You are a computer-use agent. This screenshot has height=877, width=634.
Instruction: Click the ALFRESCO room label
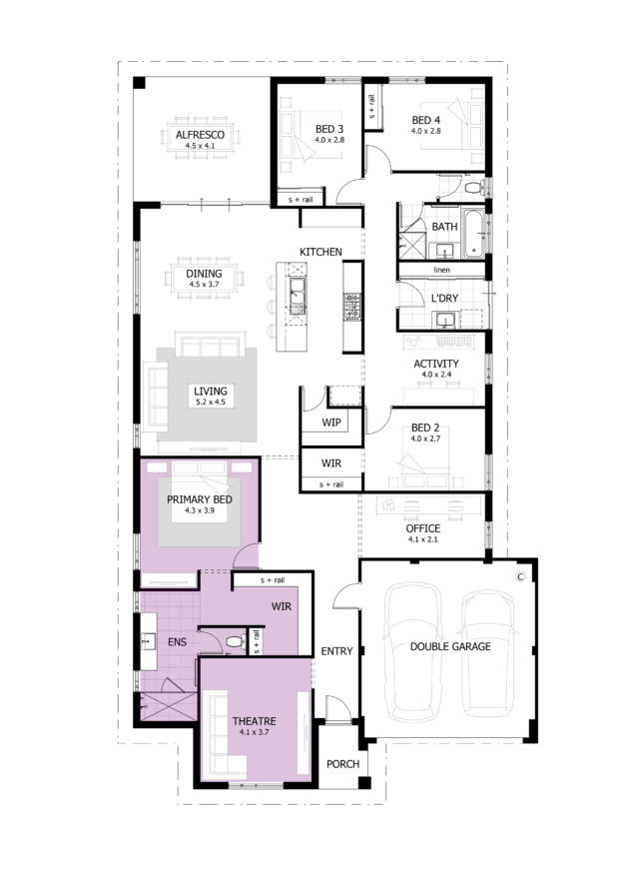[200, 135]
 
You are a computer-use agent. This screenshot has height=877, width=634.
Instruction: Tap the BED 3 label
[329, 129]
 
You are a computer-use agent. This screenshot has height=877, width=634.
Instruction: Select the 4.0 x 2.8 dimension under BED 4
[426, 131]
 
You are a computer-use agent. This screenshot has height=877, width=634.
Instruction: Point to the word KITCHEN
[320, 253]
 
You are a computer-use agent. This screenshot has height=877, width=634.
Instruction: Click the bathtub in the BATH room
[474, 233]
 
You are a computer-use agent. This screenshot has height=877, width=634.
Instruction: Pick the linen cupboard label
[441, 270]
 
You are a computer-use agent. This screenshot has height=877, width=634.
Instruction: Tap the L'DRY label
[444, 298]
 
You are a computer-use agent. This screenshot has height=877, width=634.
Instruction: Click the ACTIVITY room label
[436, 364]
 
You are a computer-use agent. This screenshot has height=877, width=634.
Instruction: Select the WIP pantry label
[330, 423]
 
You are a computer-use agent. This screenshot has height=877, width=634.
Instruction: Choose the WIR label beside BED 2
[330, 463]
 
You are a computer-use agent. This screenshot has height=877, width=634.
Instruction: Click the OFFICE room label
[422, 528]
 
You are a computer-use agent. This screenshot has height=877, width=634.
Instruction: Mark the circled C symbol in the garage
[520, 576]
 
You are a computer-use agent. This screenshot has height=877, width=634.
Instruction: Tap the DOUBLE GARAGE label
[450, 646]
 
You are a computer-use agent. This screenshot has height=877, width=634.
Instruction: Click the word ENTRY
[336, 651]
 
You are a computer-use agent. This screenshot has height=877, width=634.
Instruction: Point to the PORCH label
[342, 764]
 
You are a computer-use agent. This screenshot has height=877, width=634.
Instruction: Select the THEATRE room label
[255, 721]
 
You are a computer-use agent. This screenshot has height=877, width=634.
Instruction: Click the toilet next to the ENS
[235, 642]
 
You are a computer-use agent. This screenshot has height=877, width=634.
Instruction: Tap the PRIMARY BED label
[200, 499]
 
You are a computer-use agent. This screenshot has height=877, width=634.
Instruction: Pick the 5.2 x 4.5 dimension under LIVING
[211, 403]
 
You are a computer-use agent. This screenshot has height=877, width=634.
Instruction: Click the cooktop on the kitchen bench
[352, 307]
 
